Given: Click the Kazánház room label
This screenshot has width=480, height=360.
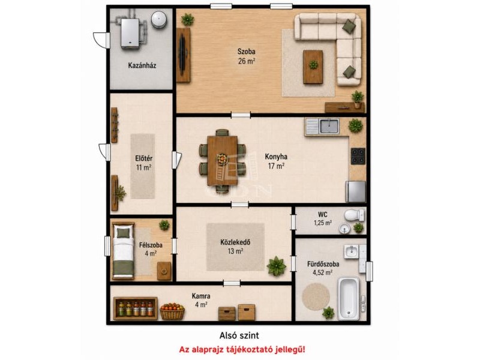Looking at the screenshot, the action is tap(142, 65).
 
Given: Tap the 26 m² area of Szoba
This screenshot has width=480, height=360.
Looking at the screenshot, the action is tap(247, 61).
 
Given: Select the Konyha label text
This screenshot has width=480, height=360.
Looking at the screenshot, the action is tap(276, 157).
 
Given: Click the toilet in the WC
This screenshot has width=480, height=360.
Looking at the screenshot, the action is tap(355, 215).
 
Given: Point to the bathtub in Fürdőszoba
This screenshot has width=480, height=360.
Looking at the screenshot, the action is tap(349, 298).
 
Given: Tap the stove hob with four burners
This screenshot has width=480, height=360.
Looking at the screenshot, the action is tap(358, 156).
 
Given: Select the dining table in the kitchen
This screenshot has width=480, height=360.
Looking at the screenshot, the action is tap(223, 160).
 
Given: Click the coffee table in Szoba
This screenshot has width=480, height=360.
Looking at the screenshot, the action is tap(313, 67).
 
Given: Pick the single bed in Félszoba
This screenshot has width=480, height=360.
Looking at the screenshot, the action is tap(124, 251).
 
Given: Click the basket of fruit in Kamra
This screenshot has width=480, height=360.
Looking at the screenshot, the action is tap(172, 311).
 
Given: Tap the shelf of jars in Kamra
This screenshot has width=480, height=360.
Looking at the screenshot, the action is tap(136, 308).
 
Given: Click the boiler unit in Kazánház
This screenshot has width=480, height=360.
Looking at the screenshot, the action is tap(131, 34).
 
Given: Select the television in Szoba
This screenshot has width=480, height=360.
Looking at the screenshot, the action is tap(182, 55).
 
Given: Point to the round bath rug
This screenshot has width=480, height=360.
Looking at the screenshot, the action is tap(316, 296).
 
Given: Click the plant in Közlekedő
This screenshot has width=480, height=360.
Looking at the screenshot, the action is tap(277, 266).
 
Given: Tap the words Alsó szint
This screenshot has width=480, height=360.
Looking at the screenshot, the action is tap(239, 336).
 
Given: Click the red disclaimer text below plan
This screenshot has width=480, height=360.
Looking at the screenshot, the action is tap(242, 349).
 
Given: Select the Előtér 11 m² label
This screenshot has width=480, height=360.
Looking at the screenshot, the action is tap(144, 163).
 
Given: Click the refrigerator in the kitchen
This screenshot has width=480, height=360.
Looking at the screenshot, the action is tap(356, 191).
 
